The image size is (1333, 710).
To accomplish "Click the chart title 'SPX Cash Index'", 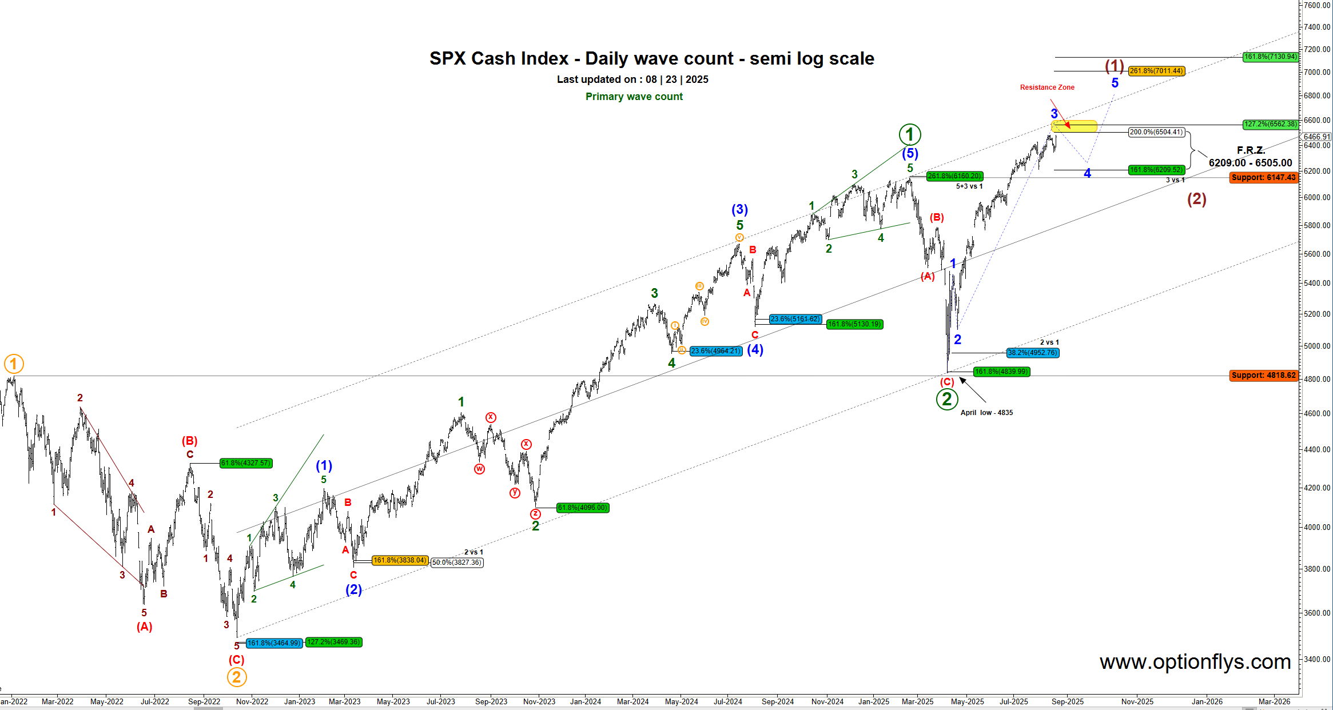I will (499, 58).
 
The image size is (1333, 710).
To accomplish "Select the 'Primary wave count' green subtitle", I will (634, 97).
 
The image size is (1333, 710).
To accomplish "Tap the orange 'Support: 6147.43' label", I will (1263, 178).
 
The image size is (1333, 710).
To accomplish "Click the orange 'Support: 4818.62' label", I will (1263, 376).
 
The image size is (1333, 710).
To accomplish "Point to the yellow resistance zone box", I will (1074, 126).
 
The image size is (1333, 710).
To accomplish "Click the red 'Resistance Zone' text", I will (1047, 87).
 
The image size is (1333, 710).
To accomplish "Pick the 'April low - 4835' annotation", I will (986, 413).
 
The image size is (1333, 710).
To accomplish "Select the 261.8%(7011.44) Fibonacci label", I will (1156, 71).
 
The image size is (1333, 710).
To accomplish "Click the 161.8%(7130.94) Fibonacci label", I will (1270, 57).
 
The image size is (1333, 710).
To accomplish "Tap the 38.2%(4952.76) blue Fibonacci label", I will (1033, 353).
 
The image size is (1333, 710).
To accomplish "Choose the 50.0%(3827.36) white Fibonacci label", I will (457, 563).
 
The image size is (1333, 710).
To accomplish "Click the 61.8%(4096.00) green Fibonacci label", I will (582, 508).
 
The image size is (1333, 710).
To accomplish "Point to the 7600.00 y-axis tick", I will (1316, 5).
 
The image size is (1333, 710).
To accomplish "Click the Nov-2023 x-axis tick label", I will (539, 701).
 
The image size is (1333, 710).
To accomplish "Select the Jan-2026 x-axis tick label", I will (1207, 701).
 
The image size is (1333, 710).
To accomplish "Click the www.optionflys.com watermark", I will (1195, 662).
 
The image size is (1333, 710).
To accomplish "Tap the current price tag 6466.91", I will (1316, 137).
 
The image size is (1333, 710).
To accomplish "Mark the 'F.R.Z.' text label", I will (1250, 150).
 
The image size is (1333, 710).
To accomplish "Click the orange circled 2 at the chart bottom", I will (237, 677).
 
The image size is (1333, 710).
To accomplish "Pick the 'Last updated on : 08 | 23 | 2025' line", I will (632, 79).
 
